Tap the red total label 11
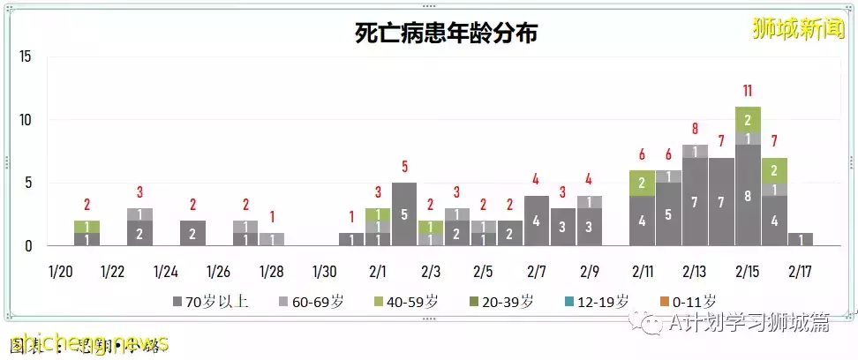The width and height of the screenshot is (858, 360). click(748, 91)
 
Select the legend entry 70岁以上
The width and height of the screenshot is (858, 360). click(212, 302)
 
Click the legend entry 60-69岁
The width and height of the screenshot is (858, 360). click(312, 302)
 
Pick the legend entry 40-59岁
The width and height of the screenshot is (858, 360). click(407, 302)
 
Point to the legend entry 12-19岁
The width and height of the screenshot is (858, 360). click(597, 302)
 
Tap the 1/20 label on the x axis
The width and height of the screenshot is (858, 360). click(61, 270)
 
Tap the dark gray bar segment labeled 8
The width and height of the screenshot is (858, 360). click(748, 195)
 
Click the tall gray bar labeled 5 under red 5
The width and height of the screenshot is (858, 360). click(404, 214)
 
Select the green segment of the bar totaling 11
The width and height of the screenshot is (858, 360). click(748, 119)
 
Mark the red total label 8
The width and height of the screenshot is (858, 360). click(695, 129)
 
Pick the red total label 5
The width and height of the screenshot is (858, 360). click(404, 167)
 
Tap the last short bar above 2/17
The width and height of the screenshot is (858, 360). click(801, 239)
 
